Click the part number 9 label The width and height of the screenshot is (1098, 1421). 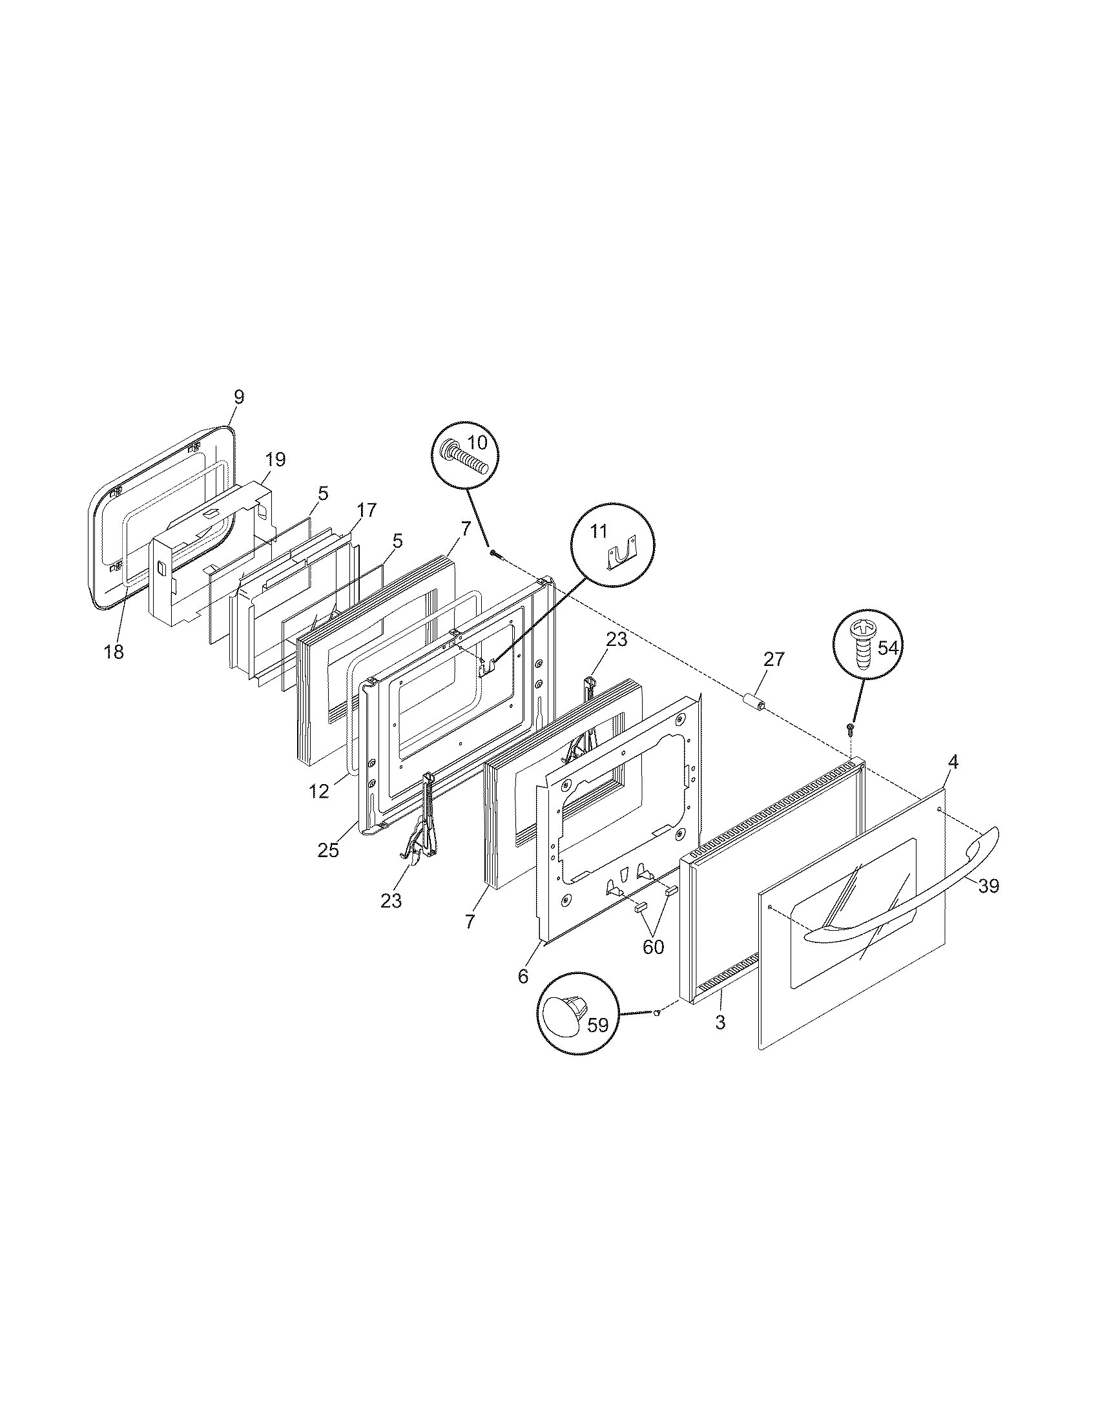[x=239, y=397]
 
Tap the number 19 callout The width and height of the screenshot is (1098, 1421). [x=275, y=459]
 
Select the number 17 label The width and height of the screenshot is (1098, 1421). [x=366, y=510]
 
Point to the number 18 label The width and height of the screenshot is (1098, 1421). [x=114, y=652]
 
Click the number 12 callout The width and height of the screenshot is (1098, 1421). [x=318, y=792]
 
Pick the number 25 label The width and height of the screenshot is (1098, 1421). [x=328, y=850]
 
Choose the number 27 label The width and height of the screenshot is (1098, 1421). [x=774, y=659]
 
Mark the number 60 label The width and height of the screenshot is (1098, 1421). [x=653, y=947]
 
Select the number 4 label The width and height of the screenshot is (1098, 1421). [x=952, y=761]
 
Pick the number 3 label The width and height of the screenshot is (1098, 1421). [x=720, y=1022]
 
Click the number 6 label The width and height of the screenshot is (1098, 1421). [x=524, y=976]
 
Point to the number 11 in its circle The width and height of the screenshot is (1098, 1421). [x=599, y=532]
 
